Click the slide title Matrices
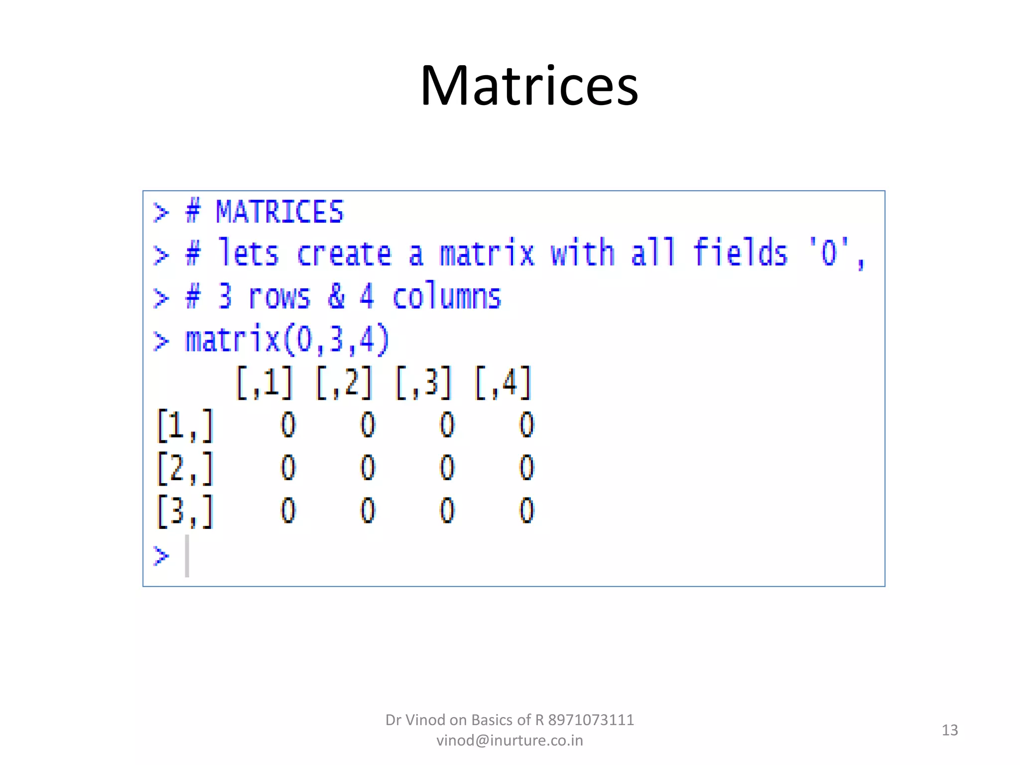(x=529, y=86)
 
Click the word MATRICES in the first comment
(x=279, y=212)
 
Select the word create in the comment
(x=344, y=254)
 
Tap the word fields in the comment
(x=740, y=253)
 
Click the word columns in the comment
(x=446, y=297)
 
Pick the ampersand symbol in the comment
(x=336, y=296)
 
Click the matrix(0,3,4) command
(x=287, y=340)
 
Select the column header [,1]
(x=264, y=382)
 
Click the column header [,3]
(x=424, y=382)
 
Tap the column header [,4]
(x=503, y=382)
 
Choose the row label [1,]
(x=185, y=425)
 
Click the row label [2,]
(x=185, y=468)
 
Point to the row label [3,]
(x=185, y=511)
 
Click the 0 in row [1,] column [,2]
(x=368, y=425)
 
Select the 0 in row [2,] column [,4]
(x=526, y=468)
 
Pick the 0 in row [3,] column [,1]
(x=288, y=511)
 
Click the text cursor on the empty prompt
(x=187, y=556)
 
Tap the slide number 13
(x=950, y=730)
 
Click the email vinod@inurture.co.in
(x=510, y=741)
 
